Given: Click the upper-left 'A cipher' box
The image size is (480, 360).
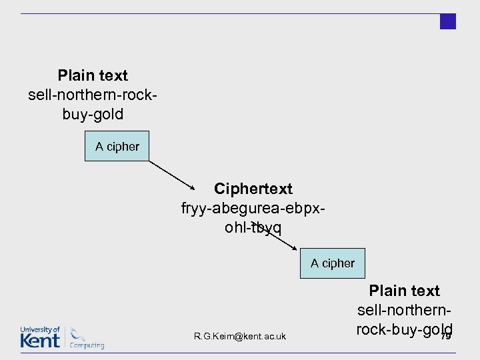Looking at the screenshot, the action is coord(117,146).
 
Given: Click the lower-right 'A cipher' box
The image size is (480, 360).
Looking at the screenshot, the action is coord(332,263).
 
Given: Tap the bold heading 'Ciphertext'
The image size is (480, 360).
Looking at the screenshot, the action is coord(253,189).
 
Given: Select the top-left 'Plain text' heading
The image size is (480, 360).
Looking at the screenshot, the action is coord(93,75).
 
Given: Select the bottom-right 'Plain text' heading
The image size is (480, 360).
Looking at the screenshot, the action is coord(405,291).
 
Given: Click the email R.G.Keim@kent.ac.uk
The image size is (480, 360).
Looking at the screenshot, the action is coord(240,336).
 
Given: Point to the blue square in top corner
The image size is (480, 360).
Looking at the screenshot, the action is coord(448,21).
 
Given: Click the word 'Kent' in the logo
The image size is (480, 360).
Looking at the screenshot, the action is coord(40,340).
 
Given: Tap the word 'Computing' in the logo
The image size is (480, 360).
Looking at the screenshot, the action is coord(88,345).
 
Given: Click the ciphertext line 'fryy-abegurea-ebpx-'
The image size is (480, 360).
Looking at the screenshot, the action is coord(253,209).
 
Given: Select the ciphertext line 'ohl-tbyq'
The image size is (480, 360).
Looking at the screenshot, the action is coord(253,228).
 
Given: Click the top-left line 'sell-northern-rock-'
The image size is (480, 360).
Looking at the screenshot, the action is coord(93,95).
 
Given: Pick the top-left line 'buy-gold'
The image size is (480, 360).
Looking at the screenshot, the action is coord(93,114).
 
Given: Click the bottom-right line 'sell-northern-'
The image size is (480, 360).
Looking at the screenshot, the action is coord(405,310).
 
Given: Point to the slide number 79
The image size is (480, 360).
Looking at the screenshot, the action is coord(446,336).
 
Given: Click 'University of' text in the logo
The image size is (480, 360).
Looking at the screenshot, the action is coord(40,329).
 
